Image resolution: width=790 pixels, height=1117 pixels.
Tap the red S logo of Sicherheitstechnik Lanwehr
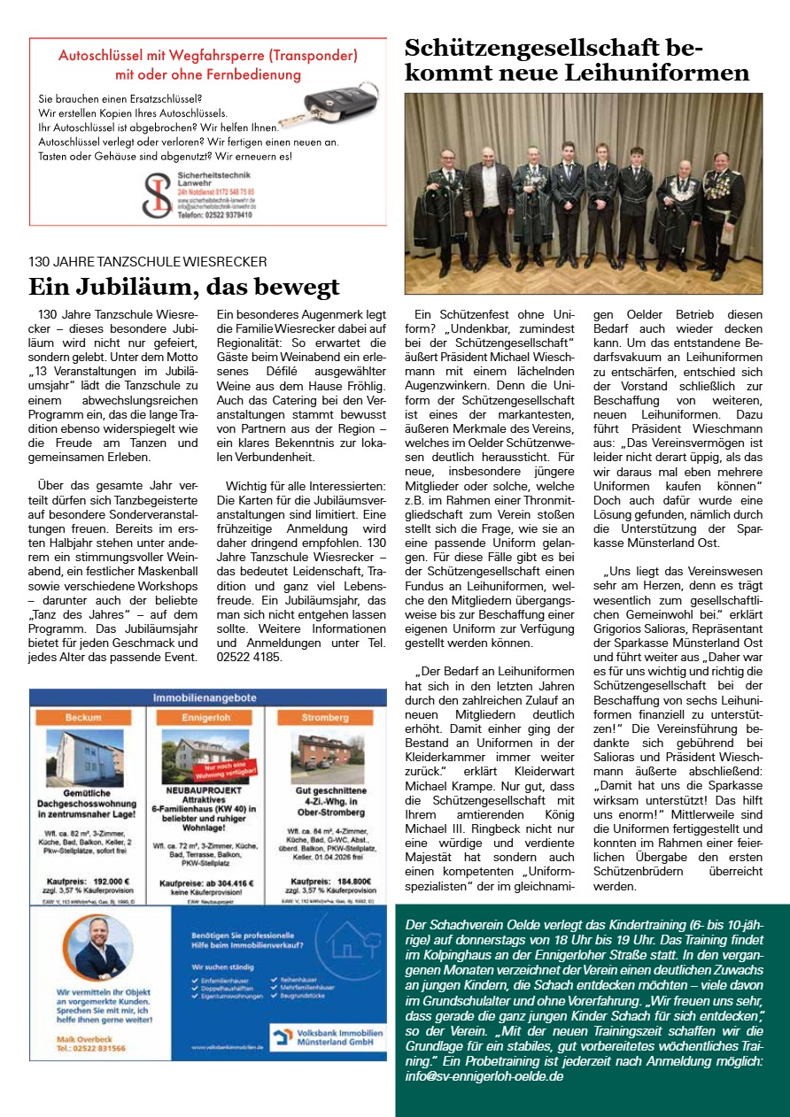tap(158, 195)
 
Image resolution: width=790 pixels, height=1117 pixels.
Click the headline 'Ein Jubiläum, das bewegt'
tap(184, 287)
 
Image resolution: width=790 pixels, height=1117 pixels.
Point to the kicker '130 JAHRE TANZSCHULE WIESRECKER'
tap(148, 262)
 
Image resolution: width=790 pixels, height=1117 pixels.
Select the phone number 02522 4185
tap(249, 657)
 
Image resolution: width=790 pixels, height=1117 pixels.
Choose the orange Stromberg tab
tap(326, 717)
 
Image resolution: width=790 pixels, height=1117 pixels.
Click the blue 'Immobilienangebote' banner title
tap(207, 697)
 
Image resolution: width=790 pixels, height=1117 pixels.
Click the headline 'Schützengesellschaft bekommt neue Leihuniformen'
tap(577, 59)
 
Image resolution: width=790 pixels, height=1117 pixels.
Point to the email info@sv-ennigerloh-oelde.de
tap(482, 1076)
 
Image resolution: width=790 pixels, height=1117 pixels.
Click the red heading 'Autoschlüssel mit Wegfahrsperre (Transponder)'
tap(208, 55)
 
